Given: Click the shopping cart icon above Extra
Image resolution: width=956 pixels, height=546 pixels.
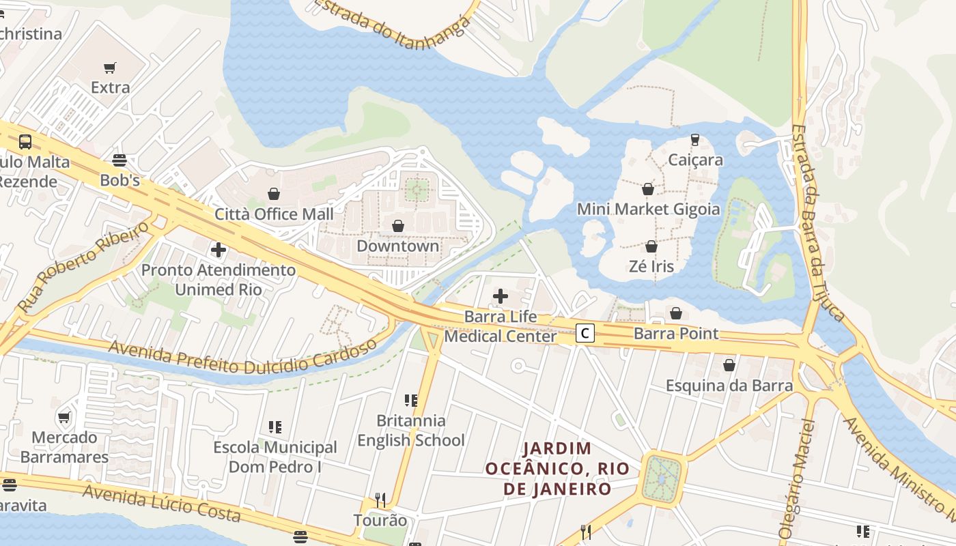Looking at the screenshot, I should (x=110, y=68).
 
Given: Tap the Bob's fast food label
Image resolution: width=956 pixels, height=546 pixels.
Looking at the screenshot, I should (x=119, y=181).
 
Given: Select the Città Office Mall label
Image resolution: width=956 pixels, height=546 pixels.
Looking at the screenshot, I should (x=274, y=214).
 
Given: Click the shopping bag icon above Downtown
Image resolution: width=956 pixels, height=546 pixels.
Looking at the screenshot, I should (x=398, y=226).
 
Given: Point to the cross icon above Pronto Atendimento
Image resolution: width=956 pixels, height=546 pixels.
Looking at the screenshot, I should (x=219, y=250).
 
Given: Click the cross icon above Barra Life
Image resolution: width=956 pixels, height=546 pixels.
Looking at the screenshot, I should (x=501, y=296).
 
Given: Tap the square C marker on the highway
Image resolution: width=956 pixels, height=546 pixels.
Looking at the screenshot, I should (x=585, y=333).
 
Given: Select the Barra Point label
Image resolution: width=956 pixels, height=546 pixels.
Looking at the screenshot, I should (x=676, y=334).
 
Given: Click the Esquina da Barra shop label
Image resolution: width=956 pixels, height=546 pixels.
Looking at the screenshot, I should (x=729, y=386).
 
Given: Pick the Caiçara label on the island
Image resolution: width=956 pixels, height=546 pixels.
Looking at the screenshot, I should (x=695, y=160).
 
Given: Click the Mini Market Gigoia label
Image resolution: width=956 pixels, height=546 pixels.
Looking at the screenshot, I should (x=648, y=209).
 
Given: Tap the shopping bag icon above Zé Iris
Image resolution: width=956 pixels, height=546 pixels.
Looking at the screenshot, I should (x=651, y=246).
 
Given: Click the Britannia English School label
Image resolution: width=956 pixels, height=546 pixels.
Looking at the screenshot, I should (x=411, y=431).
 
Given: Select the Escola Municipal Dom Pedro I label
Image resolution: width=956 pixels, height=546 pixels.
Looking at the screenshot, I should (x=275, y=457).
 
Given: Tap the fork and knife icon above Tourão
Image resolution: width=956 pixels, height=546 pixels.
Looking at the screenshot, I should (x=380, y=500).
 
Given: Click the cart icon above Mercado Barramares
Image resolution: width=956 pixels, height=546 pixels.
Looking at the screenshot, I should (x=64, y=417).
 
